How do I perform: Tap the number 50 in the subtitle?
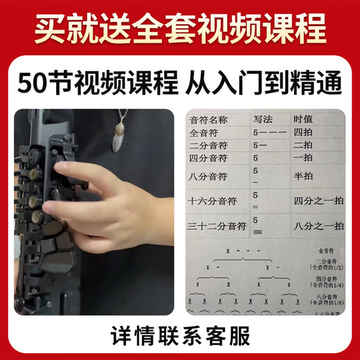pos(35,84)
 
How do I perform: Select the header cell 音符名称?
pos(210,119)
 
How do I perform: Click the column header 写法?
pos(264,119)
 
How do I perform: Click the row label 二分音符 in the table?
pos(210,145)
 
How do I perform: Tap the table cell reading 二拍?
pos(303,145)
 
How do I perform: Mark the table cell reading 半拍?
pos(303,175)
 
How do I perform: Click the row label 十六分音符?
pos(213,201)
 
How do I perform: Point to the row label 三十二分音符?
pos(217,226)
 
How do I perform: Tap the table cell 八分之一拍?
pos(318,226)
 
